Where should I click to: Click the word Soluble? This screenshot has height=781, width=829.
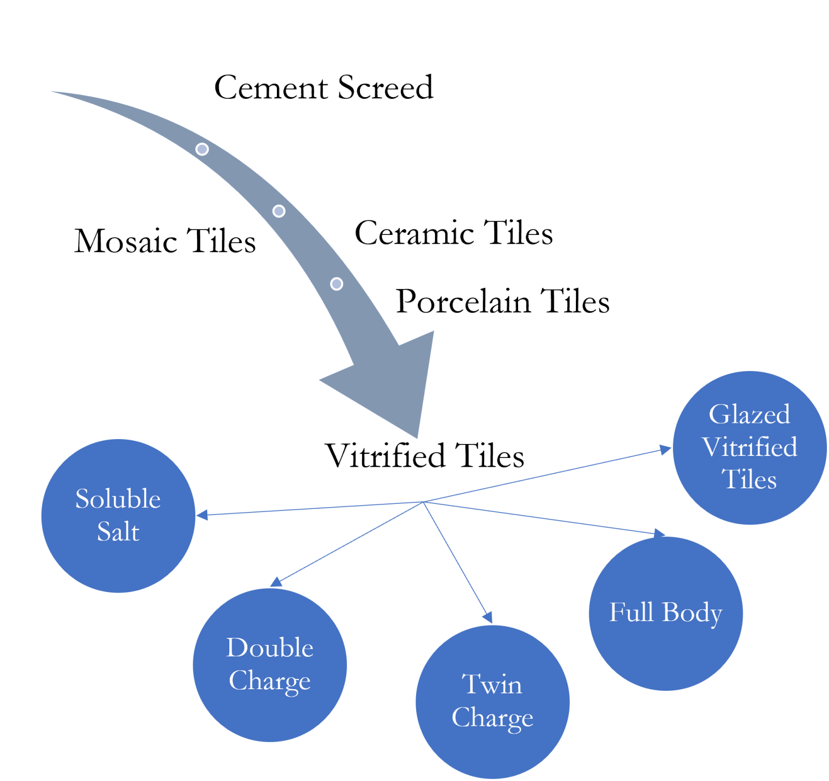click(118, 499)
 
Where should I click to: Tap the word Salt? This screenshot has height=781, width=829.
click(118, 531)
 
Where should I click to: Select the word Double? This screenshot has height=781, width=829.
click(269, 648)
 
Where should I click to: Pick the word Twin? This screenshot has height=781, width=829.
click(492, 684)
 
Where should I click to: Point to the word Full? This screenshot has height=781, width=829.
click(631, 612)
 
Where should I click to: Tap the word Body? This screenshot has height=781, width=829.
click(692, 613)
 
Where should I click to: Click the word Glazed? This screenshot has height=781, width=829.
click(749, 414)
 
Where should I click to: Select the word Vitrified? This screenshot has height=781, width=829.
click(749, 447)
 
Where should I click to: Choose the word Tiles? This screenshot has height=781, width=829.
click(749, 479)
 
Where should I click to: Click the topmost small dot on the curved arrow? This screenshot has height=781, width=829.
click(202, 149)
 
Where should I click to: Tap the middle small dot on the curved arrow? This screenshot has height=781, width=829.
click(278, 211)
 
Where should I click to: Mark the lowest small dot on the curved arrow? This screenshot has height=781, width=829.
click(336, 284)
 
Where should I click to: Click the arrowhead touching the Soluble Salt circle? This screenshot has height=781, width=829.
click(202, 515)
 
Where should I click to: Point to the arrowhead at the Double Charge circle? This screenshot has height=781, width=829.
click(276, 582)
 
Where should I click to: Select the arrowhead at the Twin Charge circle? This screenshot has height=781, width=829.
click(488, 617)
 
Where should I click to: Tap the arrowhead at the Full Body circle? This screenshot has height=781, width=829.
click(659, 533)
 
